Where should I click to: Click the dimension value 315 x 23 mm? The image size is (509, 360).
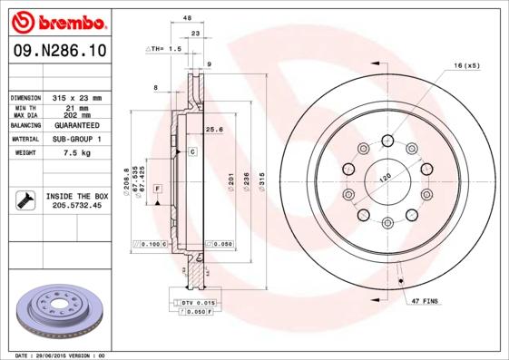tap(78, 97)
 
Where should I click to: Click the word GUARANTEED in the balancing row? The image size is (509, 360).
tap(78, 125)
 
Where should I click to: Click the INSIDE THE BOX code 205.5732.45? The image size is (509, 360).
tap(77, 206)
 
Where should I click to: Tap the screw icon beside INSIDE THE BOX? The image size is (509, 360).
tap(24, 200)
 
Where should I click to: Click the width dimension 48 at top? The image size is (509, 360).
tap(187, 17)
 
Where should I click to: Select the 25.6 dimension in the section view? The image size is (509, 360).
tap(213, 129)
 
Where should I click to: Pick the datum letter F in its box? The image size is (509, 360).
tap(158, 188)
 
